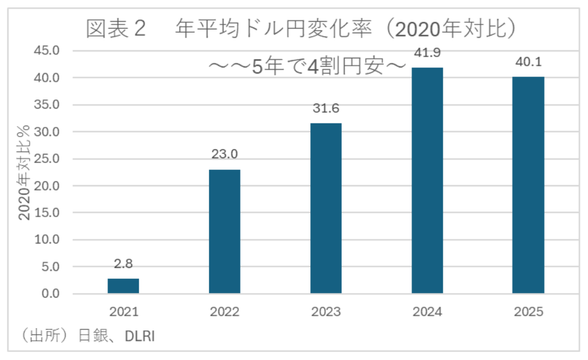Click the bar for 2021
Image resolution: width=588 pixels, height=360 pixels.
(x=123, y=286)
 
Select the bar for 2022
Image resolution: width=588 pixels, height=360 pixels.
(x=225, y=231)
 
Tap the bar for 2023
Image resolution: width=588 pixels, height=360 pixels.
(x=326, y=209)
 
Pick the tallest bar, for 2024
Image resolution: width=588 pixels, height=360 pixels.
(x=427, y=181)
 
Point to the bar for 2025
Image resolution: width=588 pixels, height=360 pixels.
(x=528, y=185)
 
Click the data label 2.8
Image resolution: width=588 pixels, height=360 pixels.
(x=123, y=264)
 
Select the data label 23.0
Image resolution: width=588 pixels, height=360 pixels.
(x=225, y=154)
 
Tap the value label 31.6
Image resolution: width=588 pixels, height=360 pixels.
(x=326, y=108)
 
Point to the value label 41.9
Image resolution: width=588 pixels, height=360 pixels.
(x=427, y=53)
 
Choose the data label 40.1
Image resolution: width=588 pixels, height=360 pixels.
(x=528, y=62)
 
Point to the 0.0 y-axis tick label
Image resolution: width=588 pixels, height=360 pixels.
(x=49, y=294)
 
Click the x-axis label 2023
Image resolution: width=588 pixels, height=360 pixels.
(x=326, y=313)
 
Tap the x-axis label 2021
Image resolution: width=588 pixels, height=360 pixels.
(x=123, y=313)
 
